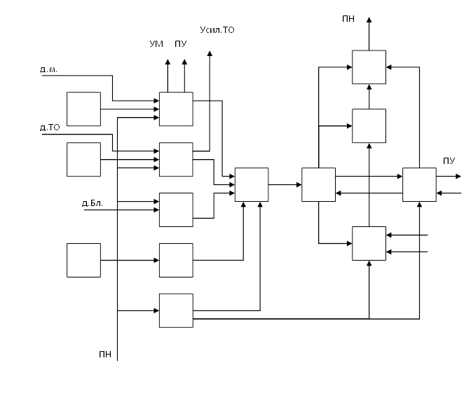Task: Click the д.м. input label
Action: point(48,69)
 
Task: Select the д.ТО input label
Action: point(50,128)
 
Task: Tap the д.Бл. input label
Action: point(93,203)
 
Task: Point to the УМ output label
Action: point(156,44)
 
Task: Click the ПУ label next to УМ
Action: point(180,44)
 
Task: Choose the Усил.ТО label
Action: point(217,30)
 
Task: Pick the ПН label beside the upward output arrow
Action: point(348,18)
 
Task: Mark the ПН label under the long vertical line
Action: point(105,355)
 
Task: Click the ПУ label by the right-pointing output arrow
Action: point(449,161)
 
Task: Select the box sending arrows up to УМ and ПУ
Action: point(176,109)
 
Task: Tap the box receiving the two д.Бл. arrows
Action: point(176,210)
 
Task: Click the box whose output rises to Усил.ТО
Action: point(176,159)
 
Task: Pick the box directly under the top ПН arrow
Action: point(369,67)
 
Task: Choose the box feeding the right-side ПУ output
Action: point(419,184)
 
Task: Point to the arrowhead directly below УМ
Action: point(168,62)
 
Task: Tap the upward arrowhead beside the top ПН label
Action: point(369,20)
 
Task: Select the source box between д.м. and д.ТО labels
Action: point(83,109)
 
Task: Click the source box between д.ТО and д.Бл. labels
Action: point(83,159)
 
